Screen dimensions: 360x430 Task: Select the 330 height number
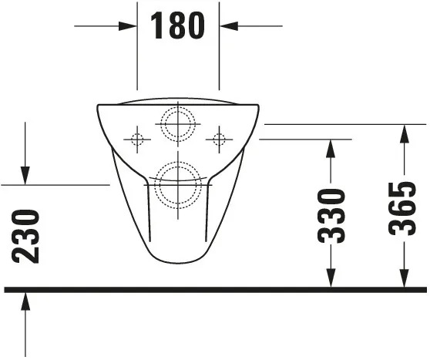332,215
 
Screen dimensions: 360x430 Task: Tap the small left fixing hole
137,140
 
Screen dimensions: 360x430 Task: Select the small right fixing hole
219,140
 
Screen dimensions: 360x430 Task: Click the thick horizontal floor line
216,289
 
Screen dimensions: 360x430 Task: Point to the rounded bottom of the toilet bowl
178,261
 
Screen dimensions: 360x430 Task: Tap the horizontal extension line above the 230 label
54,185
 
